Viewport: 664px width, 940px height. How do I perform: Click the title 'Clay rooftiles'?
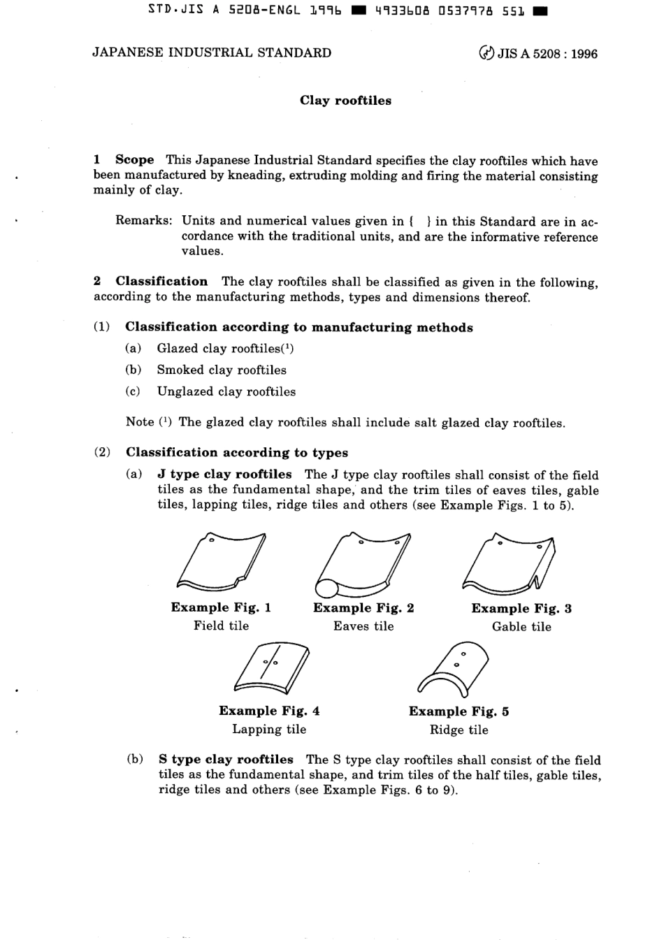[345, 101]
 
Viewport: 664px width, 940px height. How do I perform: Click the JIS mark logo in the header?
[486, 53]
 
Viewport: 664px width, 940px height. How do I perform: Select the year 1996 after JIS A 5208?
[584, 54]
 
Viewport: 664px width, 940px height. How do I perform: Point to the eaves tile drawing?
[362, 563]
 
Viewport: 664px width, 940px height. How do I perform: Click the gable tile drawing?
[510, 563]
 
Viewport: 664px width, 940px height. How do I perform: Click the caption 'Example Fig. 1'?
[221, 607]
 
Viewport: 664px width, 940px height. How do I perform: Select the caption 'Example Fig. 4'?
[269, 711]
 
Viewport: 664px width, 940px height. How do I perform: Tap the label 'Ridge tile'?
[459, 730]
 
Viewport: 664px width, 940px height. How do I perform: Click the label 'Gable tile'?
[521, 627]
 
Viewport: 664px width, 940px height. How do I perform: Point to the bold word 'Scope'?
[134, 160]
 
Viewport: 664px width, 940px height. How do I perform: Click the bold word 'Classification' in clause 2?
[161, 282]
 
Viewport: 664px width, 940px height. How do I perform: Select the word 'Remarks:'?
[143, 221]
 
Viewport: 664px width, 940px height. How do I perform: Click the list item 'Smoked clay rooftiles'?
[221, 370]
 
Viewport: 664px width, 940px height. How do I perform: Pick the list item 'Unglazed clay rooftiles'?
[226, 391]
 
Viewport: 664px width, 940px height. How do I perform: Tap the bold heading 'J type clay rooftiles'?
[224, 475]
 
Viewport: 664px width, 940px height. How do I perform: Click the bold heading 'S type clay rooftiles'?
[226, 759]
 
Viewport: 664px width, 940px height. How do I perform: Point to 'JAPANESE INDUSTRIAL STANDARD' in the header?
[212, 53]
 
